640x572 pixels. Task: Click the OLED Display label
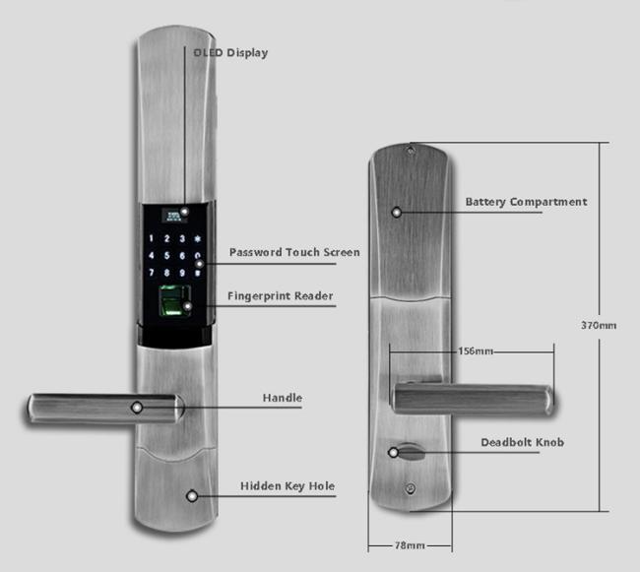coord(230,53)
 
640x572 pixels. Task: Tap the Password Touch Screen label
coord(294,252)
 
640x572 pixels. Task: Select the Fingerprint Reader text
coord(280,296)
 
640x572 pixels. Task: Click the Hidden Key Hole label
coord(288,486)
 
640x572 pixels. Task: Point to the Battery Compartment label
coord(526,202)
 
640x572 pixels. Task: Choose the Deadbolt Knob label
coord(523,442)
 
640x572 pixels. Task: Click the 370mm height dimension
coord(599,326)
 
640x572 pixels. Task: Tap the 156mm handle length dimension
coord(476,350)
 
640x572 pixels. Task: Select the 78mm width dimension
coord(410,545)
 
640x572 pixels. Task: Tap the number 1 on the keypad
coord(152,238)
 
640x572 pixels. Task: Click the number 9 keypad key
coord(182,273)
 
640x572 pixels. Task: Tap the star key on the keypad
coord(198,238)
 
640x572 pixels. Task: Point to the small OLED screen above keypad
coord(174,215)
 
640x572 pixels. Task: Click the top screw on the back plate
coord(411,151)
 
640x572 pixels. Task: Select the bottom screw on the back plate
coord(411,488)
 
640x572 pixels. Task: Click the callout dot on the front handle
coord(137,408)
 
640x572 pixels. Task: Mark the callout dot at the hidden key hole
coord(192,496)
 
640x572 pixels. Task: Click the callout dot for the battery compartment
coord(397,212)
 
